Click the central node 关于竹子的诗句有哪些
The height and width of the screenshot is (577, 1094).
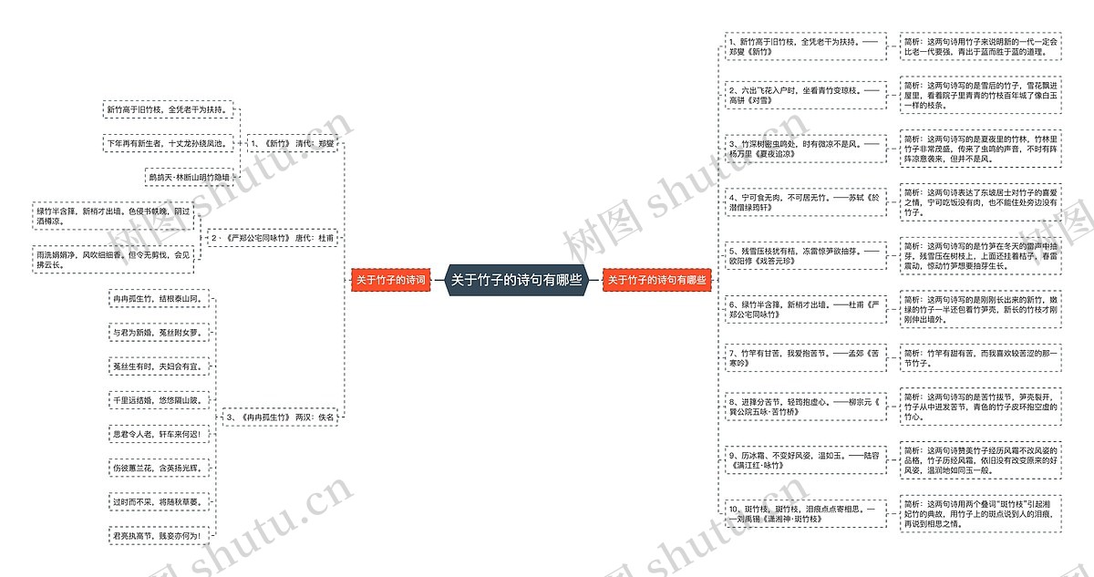pos(517,281)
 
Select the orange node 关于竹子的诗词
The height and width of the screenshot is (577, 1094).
pos(390,281)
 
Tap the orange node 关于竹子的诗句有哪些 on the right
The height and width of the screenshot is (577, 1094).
pos(657,281)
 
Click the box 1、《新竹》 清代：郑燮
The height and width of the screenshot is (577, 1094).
pos(293,144)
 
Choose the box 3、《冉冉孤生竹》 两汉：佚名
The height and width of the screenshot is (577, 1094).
pos(281,417)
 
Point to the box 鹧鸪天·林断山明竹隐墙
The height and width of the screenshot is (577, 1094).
pos(190,177)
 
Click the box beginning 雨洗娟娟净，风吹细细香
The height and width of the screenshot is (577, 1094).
pos(114,260)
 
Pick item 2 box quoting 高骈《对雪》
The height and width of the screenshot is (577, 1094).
pos(805,96)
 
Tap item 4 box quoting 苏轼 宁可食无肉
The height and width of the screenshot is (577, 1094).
pos(805,202)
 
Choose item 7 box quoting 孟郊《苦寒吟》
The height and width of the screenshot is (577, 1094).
pos(805,357)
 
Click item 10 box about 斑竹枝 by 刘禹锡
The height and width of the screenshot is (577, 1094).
pos(805,513)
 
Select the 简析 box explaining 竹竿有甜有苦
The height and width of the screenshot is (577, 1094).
pos(980,357)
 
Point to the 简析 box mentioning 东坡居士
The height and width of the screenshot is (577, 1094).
pos(980,202)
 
